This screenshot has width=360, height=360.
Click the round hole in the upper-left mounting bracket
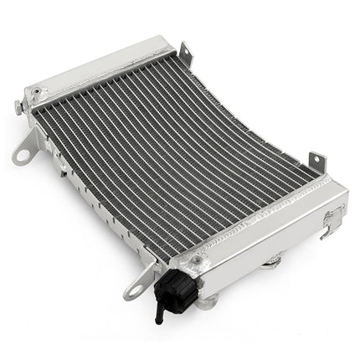coord(21,156)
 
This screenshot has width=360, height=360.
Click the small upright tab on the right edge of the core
coord(317,161)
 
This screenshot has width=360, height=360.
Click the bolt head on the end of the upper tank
coord(18,105)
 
